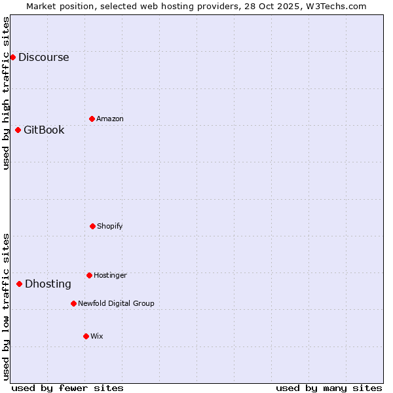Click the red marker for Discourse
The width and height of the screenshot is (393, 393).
12,57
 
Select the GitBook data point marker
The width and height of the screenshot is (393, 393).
18,130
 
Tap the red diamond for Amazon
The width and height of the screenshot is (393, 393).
92,119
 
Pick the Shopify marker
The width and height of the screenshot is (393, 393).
92,226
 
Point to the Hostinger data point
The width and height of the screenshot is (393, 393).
89,275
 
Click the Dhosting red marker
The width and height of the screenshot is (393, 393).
19,284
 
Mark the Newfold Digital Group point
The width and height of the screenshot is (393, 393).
73,303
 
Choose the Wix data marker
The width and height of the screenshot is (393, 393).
86,336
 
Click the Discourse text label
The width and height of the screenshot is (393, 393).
43,57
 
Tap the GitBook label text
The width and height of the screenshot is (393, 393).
44,130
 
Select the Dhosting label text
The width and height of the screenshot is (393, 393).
48,284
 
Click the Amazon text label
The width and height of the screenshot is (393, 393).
109,119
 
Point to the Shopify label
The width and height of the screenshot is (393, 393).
109,226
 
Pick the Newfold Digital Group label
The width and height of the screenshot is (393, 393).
116,303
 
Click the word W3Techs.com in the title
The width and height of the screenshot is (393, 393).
339,6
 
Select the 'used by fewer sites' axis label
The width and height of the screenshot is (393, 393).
67,388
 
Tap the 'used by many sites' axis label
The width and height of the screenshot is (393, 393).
329,388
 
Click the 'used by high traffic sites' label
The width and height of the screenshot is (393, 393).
7,93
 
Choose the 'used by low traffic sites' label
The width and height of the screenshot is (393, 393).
7,307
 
